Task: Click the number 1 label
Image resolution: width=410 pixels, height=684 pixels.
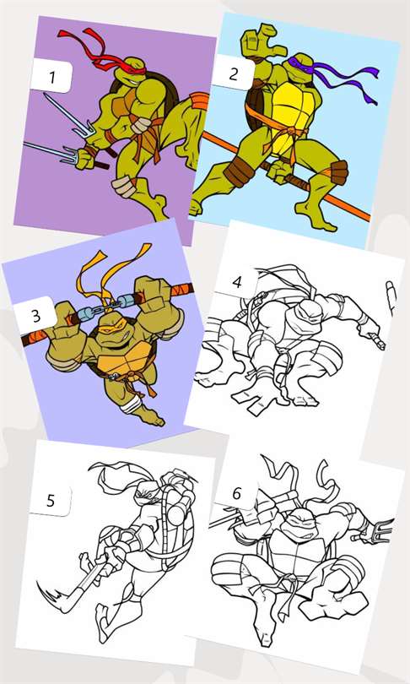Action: coord(51,77)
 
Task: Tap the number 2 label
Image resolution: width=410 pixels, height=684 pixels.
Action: coord(233,73)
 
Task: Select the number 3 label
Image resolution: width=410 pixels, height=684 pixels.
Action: coord(36,315)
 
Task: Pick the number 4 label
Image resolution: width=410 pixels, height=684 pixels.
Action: coord(237,282)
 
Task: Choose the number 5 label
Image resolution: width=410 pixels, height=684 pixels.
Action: coord(51,501)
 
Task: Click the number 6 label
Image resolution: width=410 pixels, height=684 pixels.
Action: coord(236,493)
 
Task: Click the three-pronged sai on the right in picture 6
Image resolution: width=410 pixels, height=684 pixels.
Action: coord(374,531)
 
